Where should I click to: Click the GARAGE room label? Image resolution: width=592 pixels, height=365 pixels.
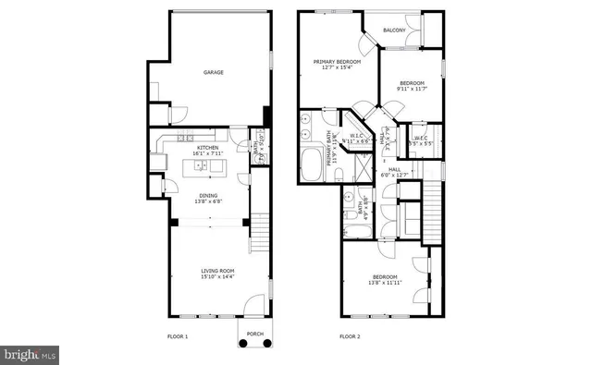pos(214,72)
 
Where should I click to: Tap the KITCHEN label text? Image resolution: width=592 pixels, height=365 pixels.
pos(207,148)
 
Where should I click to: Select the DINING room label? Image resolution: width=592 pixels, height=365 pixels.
pos(209,195)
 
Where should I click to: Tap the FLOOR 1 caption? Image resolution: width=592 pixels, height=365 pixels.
pos(178,336)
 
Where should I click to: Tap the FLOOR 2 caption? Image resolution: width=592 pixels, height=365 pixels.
pos(350,336)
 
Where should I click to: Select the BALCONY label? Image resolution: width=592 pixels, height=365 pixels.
pos(394,30)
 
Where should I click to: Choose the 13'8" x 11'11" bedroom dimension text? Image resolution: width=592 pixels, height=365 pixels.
pos(385,283)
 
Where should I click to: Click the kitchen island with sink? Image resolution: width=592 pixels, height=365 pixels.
pos(206,167)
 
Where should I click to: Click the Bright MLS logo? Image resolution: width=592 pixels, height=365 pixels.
pos(31,354)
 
